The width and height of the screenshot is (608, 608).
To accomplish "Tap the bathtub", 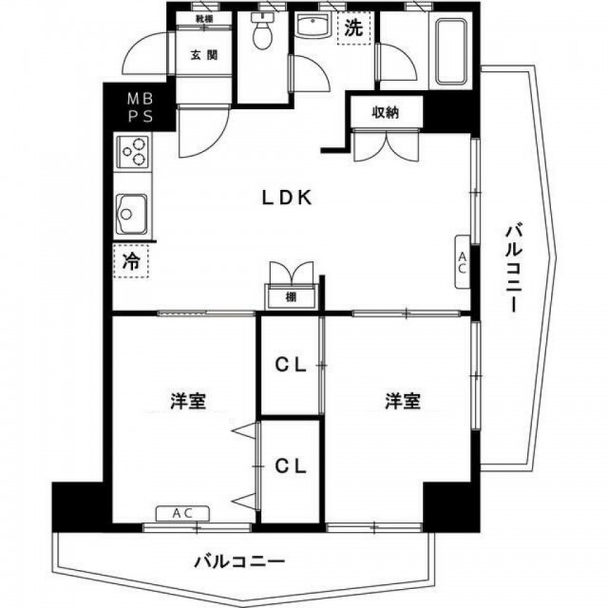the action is click(x=450, y=52).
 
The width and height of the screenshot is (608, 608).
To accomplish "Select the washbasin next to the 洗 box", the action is click(x=313, y=26).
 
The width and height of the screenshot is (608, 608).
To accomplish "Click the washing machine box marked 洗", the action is click(x=353, y=28).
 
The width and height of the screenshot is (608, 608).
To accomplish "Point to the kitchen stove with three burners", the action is click(x=133, y=152).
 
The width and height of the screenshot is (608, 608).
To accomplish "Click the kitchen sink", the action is click(x=131, y=214).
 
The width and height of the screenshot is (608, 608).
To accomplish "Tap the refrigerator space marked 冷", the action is click(x=131, y=261).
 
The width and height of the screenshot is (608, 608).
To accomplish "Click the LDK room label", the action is click(x=287, y=199).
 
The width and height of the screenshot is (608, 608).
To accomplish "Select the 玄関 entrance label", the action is click(x=203, y=55).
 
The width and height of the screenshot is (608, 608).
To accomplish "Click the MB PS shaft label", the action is click(x=141, y=107).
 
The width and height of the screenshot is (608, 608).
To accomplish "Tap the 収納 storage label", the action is click(x=386, y=113).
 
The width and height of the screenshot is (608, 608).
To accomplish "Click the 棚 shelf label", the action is click(x=291, y=297).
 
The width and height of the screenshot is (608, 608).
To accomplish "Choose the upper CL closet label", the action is click(x=291, y=365).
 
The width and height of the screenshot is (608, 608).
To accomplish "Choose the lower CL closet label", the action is click(x=291, y=466).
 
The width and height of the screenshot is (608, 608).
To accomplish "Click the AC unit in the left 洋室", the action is click(x=182, y=514).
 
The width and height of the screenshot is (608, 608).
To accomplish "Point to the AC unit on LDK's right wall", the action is click(x=463, y=262).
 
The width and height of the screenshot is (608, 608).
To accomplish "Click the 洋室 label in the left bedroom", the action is click(x=188, y=401).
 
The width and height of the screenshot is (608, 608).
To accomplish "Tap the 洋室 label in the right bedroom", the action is click(x=403, y=401).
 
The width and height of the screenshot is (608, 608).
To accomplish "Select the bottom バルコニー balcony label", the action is click(x=239, y=561).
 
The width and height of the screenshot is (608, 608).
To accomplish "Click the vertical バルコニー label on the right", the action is click(x=513, y=267).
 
